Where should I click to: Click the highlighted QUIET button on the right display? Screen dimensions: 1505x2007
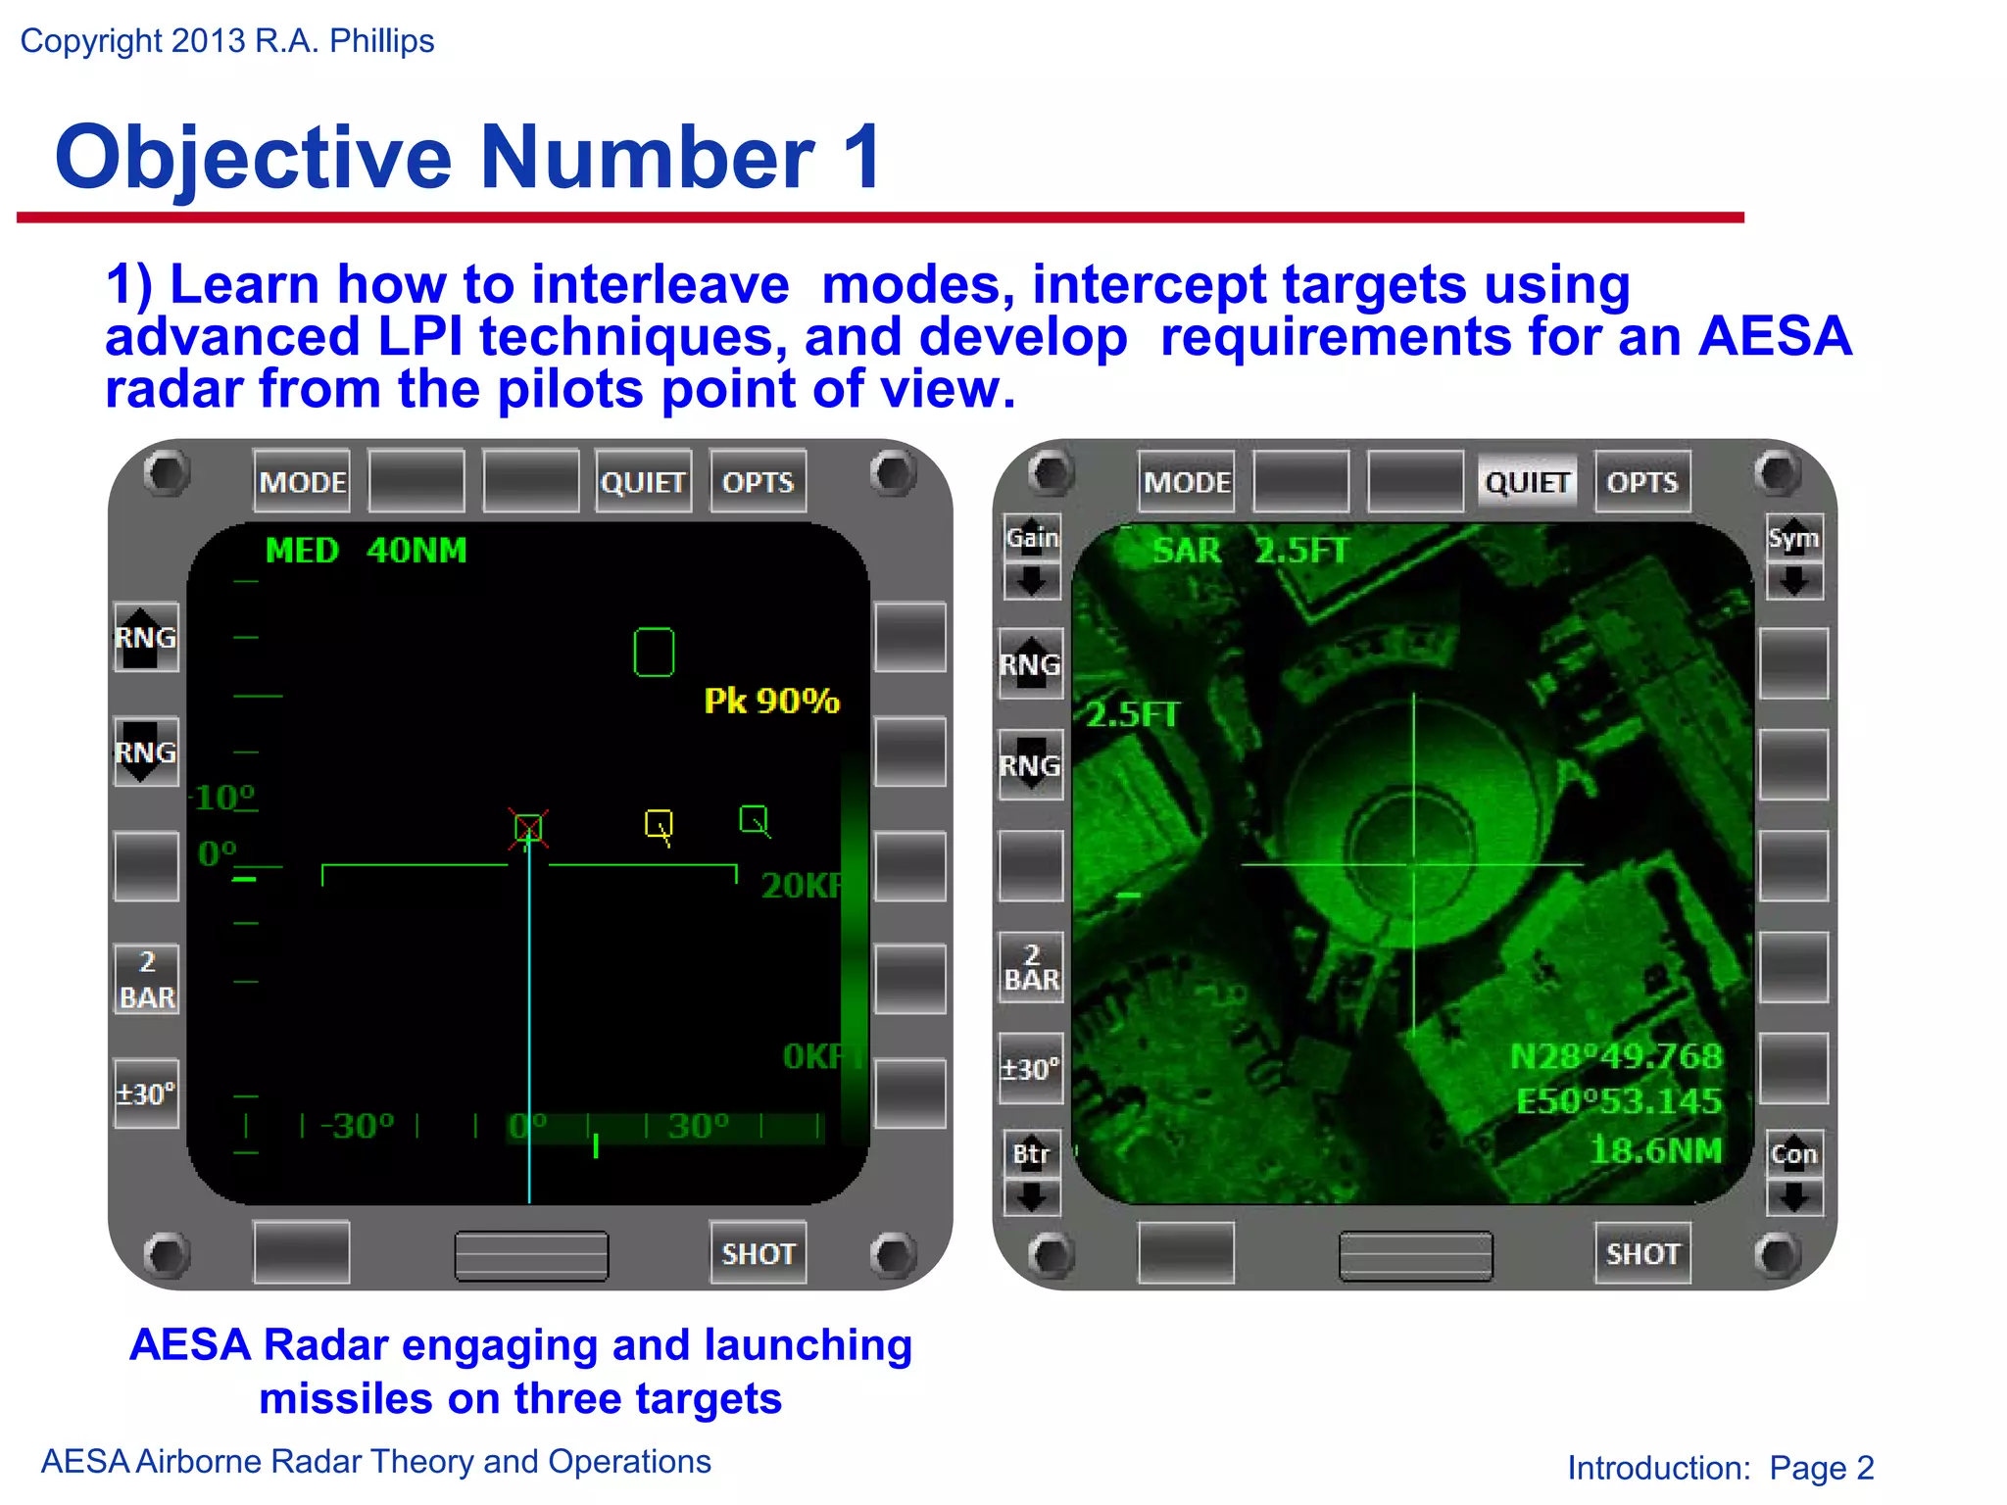pos(1527,482)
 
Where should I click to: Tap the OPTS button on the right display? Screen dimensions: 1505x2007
pos(1642,482)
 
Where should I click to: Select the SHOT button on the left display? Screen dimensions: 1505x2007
pos(758,1253)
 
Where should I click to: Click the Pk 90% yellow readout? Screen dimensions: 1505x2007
pos(771,701)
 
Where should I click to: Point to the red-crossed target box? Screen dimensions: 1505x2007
pos(528,829)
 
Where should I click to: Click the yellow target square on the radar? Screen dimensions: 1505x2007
pos(659,824)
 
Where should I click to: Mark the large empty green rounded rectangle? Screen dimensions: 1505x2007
pos(654,653)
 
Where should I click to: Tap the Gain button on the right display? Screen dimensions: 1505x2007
pos(1032,538)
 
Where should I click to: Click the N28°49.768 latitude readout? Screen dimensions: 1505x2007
pos(1615,1056)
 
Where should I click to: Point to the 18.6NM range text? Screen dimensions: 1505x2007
pos(1655,1150)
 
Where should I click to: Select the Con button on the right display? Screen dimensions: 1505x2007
pos(1793,1154)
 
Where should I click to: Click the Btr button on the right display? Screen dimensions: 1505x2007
pos(1031,1154)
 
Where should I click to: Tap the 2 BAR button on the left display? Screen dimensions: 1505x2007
pos(147,979)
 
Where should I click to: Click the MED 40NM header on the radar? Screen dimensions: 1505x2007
pos(366,551)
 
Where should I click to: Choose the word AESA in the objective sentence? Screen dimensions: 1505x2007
pos(1774,337)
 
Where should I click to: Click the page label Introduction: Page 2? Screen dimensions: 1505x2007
pos(1720,1468)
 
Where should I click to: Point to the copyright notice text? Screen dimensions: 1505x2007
pos(226,41)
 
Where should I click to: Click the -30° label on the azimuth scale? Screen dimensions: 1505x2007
pos(357,1126)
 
